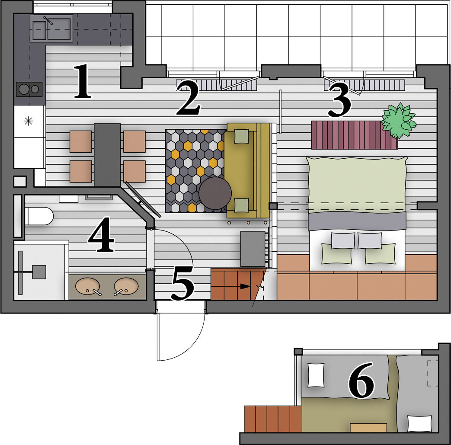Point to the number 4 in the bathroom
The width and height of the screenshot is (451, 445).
101,234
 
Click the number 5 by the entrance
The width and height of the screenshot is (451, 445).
183,283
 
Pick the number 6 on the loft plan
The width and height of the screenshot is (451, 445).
361,380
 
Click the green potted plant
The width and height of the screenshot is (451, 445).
399,119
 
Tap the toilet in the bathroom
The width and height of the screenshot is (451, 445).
39,216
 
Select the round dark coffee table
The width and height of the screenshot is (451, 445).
215,193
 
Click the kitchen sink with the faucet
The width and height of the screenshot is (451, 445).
51,29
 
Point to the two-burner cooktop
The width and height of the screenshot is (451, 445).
29,89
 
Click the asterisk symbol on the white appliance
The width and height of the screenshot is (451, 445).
29,122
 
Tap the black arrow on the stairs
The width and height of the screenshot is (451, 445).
245,286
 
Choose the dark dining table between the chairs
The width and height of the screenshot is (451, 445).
107,155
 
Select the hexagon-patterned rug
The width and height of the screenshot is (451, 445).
195,171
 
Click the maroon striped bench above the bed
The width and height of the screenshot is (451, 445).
355,135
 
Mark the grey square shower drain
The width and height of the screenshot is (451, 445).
39,272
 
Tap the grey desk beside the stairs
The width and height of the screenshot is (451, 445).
253,249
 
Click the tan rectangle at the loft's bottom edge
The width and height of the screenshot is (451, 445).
368,427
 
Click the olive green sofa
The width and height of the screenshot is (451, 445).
248,170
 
